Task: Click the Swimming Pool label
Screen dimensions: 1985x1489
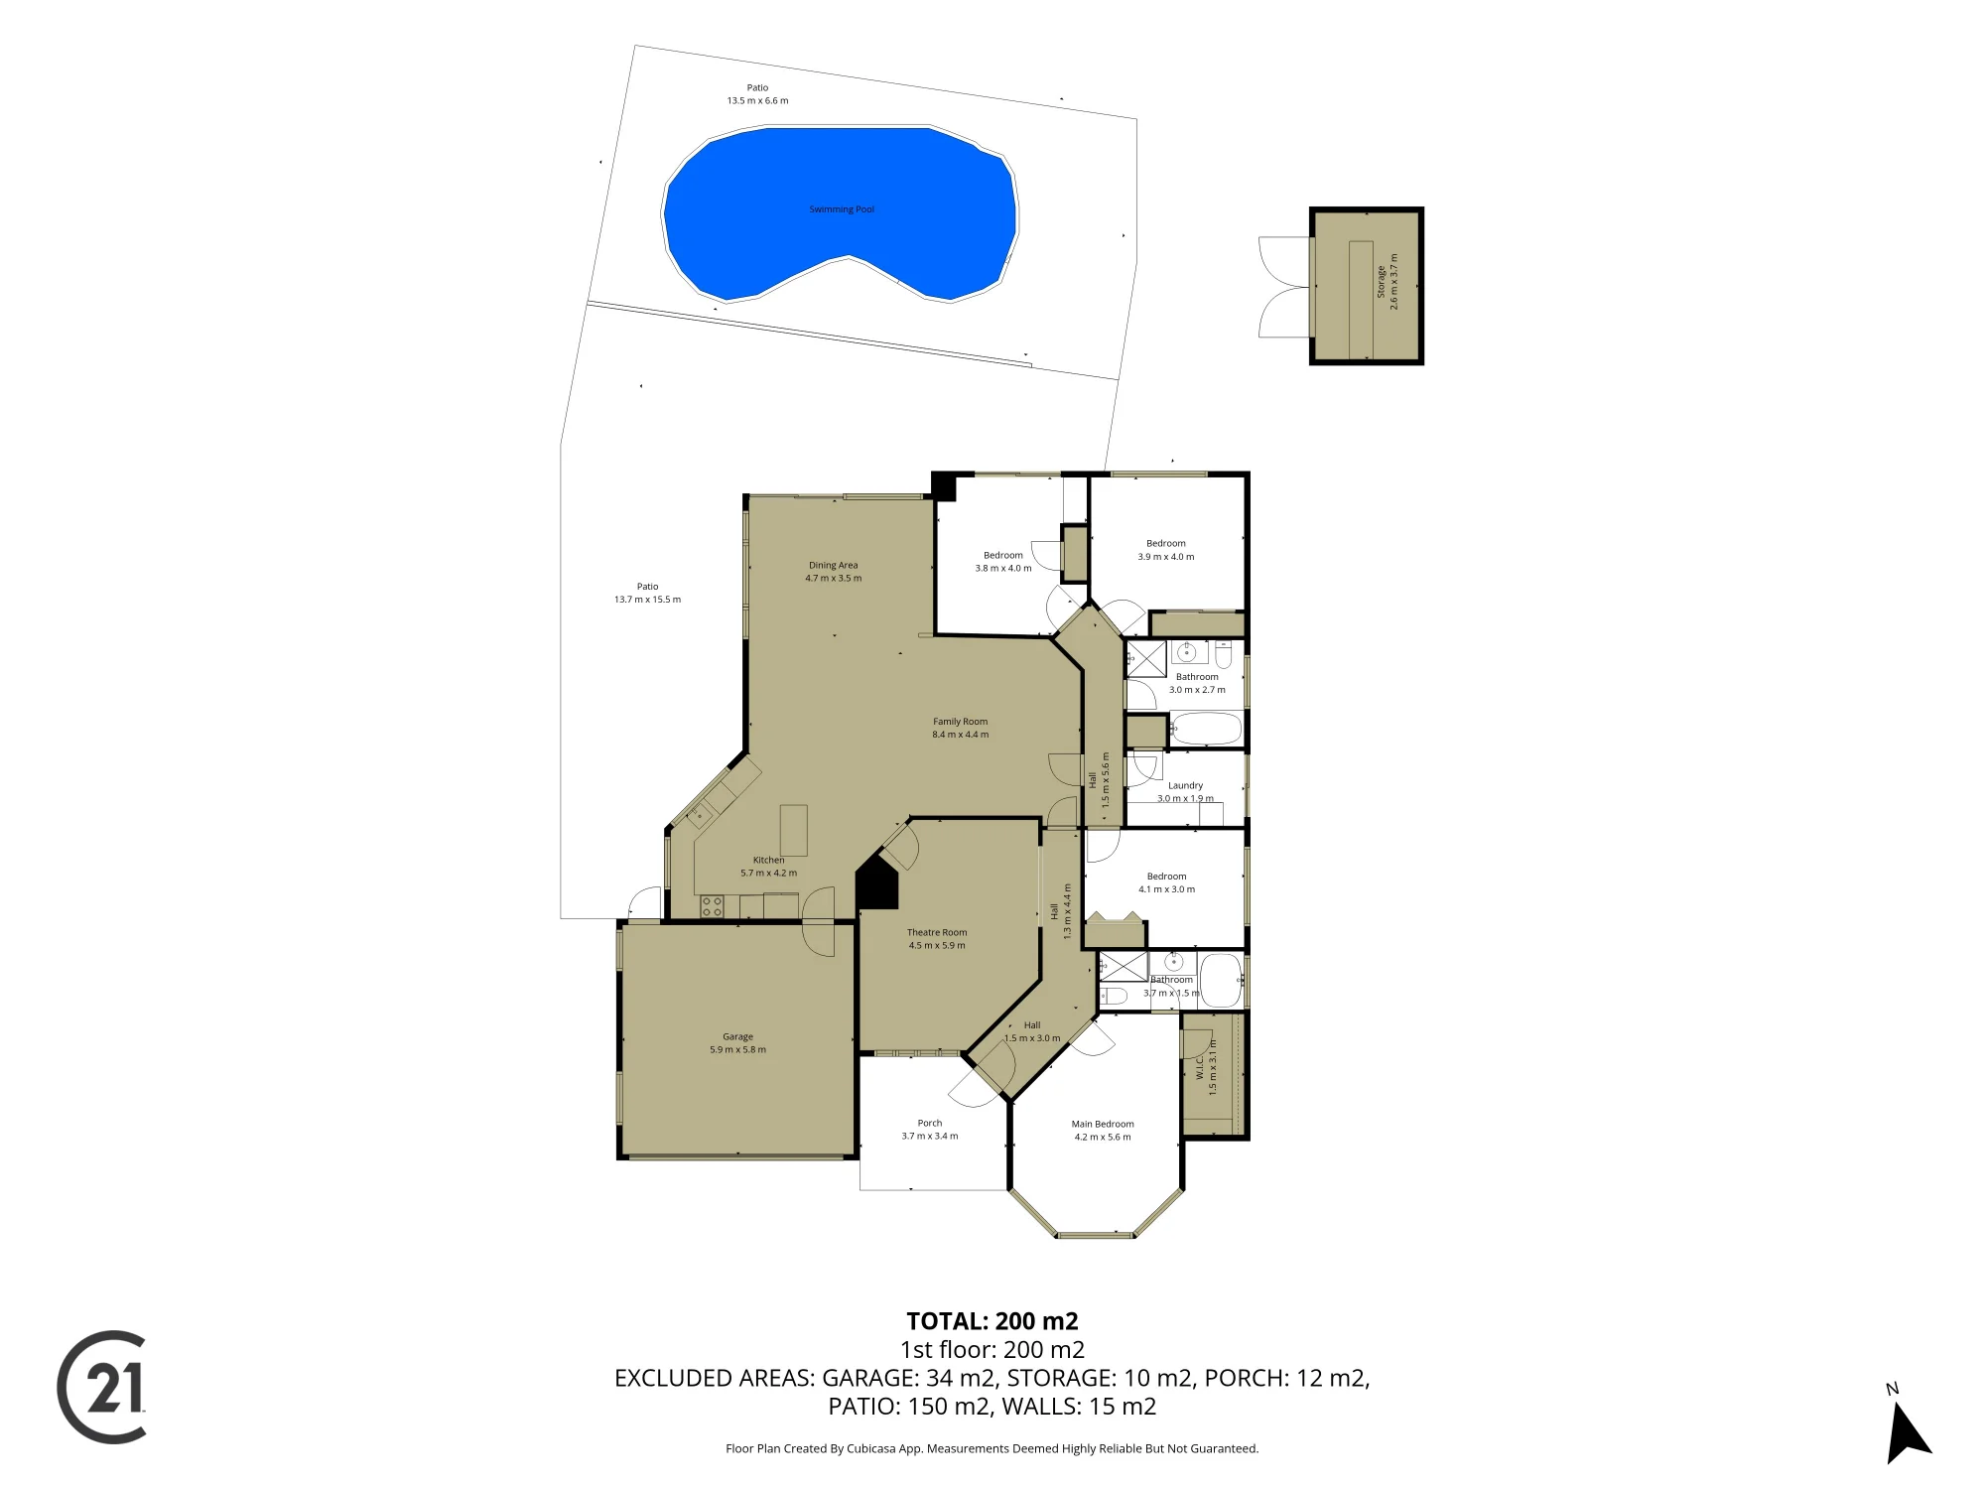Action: coord(842,209)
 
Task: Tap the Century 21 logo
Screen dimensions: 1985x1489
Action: coord(101,1387)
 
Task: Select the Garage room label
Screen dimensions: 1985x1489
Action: coord(737,1036)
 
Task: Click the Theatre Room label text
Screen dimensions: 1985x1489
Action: coord(937,932)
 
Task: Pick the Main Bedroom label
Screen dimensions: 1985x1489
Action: coord(1103,1124)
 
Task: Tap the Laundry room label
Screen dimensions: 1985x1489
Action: coord(1185,785)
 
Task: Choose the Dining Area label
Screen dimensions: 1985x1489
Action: coord(834,565)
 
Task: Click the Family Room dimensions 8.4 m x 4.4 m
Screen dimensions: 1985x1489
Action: coord(961,735)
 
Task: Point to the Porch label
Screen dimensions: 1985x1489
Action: coord(930,1123)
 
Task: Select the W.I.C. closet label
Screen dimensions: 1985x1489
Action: coord(1199,1067)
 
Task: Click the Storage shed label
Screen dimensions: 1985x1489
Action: coord(1381,282)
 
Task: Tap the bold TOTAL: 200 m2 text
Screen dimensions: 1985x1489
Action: coord(992,1321)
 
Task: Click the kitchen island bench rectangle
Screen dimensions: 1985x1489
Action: coord(794,830)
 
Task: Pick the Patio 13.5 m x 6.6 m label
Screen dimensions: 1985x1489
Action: coord(758,94)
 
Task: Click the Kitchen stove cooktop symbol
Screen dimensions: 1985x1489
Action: coord(712,905)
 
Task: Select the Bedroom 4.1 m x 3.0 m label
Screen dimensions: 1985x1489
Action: coord(1167,882)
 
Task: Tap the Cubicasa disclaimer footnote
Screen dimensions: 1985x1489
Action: coord(992,1448)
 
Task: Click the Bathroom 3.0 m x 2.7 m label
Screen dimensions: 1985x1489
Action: coord(1197,683)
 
